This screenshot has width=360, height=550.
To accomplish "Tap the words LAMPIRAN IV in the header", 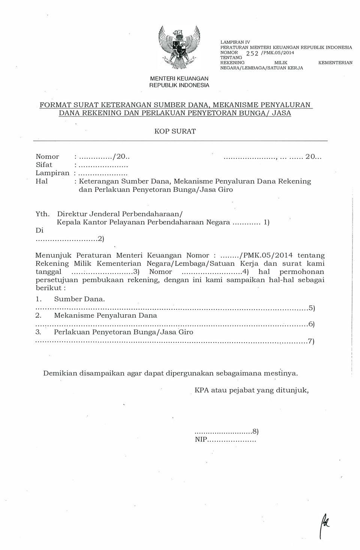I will click(x=235, y=42).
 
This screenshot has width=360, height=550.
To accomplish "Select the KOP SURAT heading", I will click(x=175, y=132).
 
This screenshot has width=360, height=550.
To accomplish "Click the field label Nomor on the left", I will click(x=47, y=157).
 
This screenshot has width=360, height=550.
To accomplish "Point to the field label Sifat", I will click(x=44, y=165).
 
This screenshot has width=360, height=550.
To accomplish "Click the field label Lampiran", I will click(x=52, y=173).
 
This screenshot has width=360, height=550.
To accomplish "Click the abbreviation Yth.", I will click(x=42, y=214).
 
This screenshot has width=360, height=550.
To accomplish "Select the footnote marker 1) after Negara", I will click(x=266, y=223).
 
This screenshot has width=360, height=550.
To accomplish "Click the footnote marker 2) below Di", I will click(x=101, y=239).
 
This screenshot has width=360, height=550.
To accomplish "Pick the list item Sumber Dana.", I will click(x=79, y=299).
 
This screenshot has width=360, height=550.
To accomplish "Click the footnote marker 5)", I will click(x=311, y=308).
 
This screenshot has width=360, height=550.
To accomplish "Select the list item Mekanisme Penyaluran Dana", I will click(x=105, y=315).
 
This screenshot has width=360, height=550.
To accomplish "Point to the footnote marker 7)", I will click(x=311, y=341).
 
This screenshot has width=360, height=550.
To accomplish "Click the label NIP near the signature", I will click(x=201, y=439).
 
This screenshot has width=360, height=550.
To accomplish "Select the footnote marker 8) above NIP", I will click(x=255, y=431).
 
